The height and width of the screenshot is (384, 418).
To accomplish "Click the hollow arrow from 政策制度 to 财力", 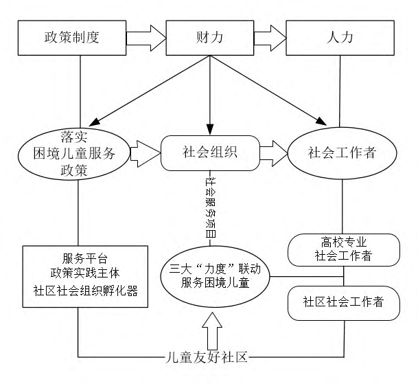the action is [x=146, y=38].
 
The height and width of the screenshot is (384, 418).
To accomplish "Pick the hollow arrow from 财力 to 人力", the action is [x=270, y=38].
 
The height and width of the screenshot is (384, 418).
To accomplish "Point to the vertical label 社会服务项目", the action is [x=210, y=207].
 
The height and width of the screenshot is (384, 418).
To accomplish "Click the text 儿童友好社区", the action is [x=207, y=357].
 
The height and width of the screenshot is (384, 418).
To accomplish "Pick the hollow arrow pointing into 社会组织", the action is [x=146, y=154].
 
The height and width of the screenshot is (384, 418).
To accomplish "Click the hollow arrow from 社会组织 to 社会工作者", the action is [x=274, y=153].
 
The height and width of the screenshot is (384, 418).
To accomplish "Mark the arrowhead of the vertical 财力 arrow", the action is [x=210, y=130].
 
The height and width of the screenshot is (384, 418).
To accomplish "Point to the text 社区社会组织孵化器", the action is [x=85, y=291].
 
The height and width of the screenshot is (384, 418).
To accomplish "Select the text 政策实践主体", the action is [x=85, y=273].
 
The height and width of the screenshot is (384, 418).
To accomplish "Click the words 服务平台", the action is [x=85, y=258].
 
